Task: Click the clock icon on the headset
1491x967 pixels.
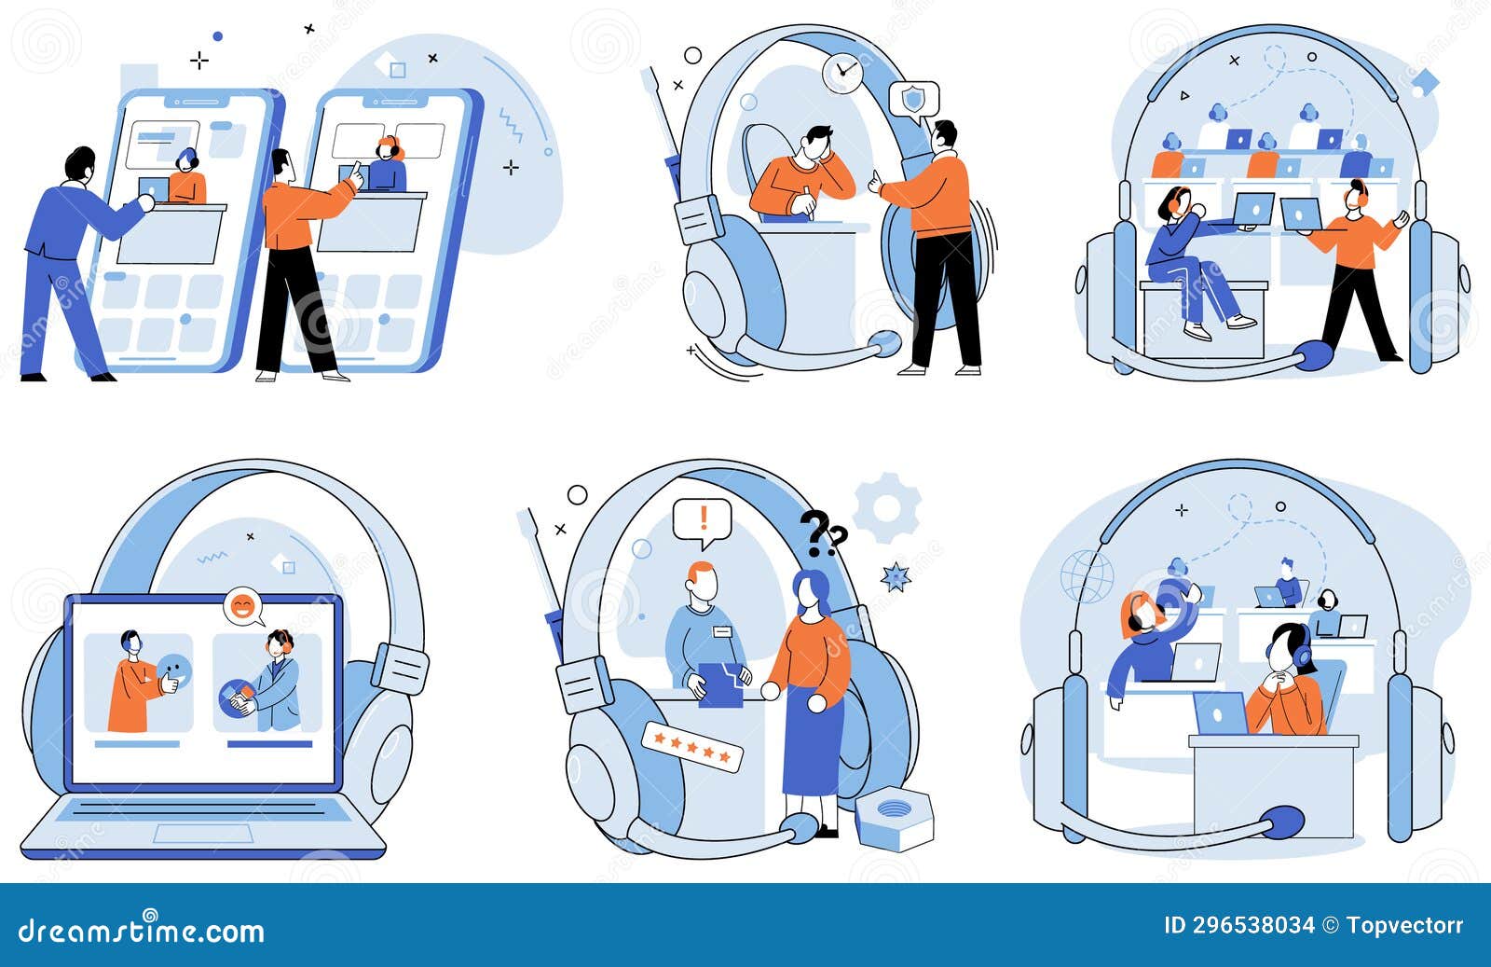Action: pos(843,72)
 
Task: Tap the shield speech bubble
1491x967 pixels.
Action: pos(913,100)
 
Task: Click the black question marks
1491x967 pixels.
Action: pos(822,532)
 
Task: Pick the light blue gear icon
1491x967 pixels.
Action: pos(886,508)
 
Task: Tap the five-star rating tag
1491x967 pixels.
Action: pos(692,746)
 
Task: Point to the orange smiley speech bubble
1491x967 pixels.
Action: pos(242,606)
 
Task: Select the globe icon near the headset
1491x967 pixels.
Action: pos(1087,576)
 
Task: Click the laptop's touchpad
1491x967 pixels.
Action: pos(202,834)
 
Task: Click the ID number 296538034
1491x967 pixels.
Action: pos(1254,925)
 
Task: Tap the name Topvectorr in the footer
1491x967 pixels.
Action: pos(1404,925)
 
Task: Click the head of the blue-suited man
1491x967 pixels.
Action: pos(81,164)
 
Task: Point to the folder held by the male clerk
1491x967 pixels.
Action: pos(719,684)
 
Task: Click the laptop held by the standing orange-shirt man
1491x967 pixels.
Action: pos(1301,214)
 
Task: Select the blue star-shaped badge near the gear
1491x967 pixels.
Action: pos(896,576)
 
